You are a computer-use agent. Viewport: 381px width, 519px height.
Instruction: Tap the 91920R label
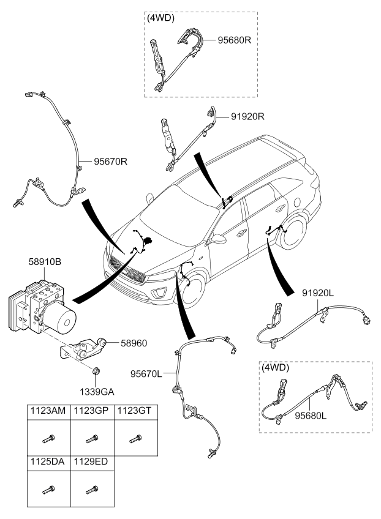tap(248, 115)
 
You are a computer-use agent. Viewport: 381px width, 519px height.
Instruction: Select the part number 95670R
tap(111, 162)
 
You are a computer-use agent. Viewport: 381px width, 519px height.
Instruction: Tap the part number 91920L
tap(318, 293)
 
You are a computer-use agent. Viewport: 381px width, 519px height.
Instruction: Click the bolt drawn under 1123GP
tap(92, 438)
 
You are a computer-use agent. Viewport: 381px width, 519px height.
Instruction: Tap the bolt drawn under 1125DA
tap(49, 490)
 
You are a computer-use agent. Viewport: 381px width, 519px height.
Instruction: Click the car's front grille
tap(127, 272)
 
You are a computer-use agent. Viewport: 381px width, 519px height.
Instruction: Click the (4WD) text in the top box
tap(160, 18)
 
